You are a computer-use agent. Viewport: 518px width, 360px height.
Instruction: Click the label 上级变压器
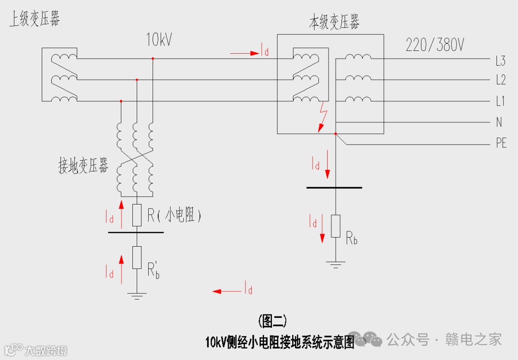click(35, 20)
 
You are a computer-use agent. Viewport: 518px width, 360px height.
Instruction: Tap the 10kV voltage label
click(159, 40)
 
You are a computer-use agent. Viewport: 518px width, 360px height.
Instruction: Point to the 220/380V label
click(435, 45)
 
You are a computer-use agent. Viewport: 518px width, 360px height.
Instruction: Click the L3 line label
click(501, 61)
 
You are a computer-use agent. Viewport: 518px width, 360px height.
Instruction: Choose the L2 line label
click(501, 80)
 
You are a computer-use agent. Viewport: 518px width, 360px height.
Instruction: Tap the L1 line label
click(500, 101)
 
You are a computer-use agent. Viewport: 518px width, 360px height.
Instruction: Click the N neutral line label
click(499, 122)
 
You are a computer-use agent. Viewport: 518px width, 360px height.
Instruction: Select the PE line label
click(501, 144)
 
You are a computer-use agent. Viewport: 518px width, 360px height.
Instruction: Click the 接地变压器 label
click(83, 167)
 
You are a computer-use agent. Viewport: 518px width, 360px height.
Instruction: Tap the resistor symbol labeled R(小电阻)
click(137, 215)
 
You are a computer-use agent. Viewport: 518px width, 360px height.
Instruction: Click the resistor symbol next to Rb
click(336, 226)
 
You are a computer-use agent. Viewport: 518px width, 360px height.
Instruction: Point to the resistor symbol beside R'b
click(137, 257)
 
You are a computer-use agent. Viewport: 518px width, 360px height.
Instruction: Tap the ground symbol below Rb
click(336, 264)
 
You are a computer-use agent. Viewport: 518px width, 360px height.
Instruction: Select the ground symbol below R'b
click(137, 295)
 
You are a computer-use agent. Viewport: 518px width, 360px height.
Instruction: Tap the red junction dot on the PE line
click(336, 134)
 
